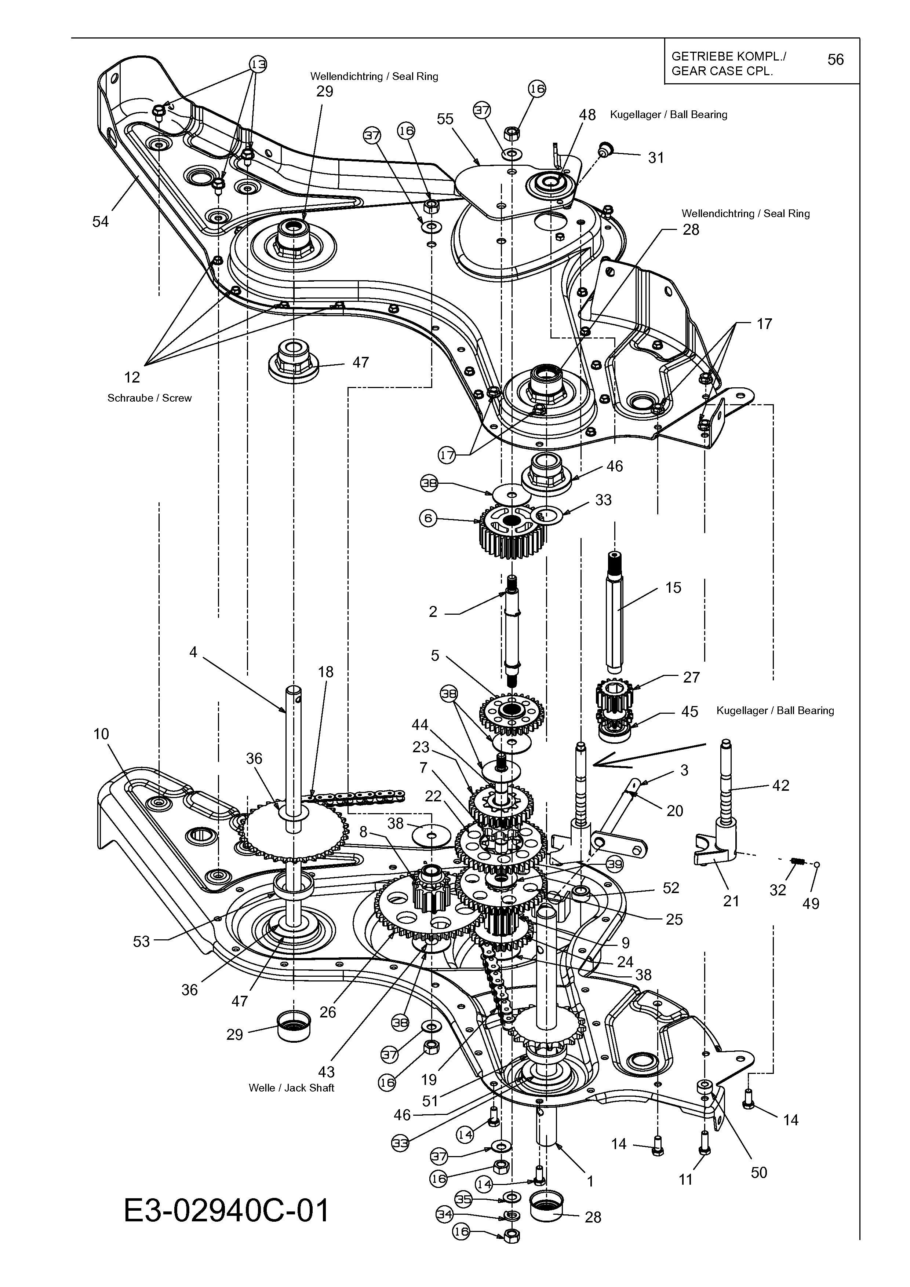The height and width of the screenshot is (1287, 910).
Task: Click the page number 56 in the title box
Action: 836,59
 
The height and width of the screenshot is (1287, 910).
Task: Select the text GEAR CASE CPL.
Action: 722,71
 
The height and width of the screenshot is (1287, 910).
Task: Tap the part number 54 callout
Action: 101,222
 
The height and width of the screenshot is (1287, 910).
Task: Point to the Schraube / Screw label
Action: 150,398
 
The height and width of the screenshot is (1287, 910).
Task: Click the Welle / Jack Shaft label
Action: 292,1087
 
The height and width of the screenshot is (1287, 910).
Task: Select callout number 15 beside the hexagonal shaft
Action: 673,588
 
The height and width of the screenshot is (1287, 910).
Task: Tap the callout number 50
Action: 758,1172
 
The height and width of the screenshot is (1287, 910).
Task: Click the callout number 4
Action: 193,652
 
